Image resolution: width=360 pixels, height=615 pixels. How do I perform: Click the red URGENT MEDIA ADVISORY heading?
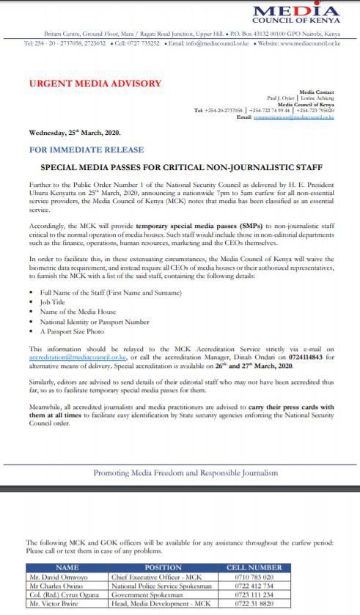(95, 84)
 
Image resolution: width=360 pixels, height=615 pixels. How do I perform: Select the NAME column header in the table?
(67, 567)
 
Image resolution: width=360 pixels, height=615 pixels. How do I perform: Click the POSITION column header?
(163, 567)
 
